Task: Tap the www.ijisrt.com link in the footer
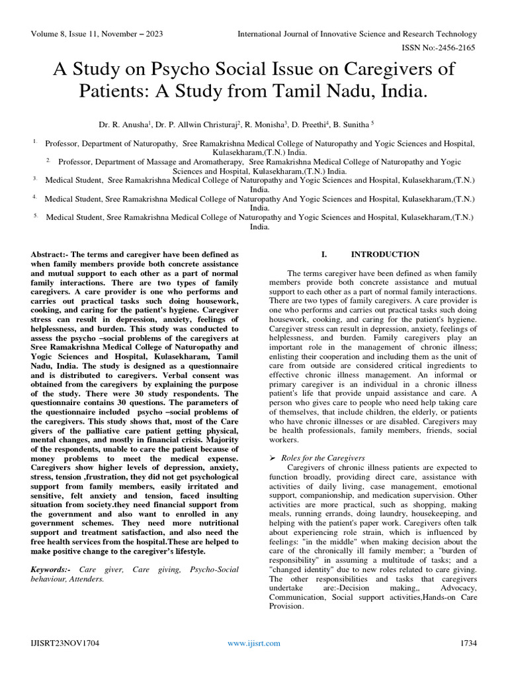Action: (254, 643)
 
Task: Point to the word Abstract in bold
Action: (50, 254)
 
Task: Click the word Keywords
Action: (52, 569)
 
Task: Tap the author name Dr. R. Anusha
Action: (123, 124)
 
